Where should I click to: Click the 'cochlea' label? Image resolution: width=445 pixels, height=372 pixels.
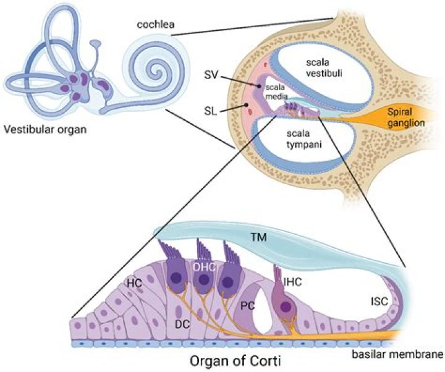156,25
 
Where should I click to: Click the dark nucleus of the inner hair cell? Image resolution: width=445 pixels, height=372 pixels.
286,306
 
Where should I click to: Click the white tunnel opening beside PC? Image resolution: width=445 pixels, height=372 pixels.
261,309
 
